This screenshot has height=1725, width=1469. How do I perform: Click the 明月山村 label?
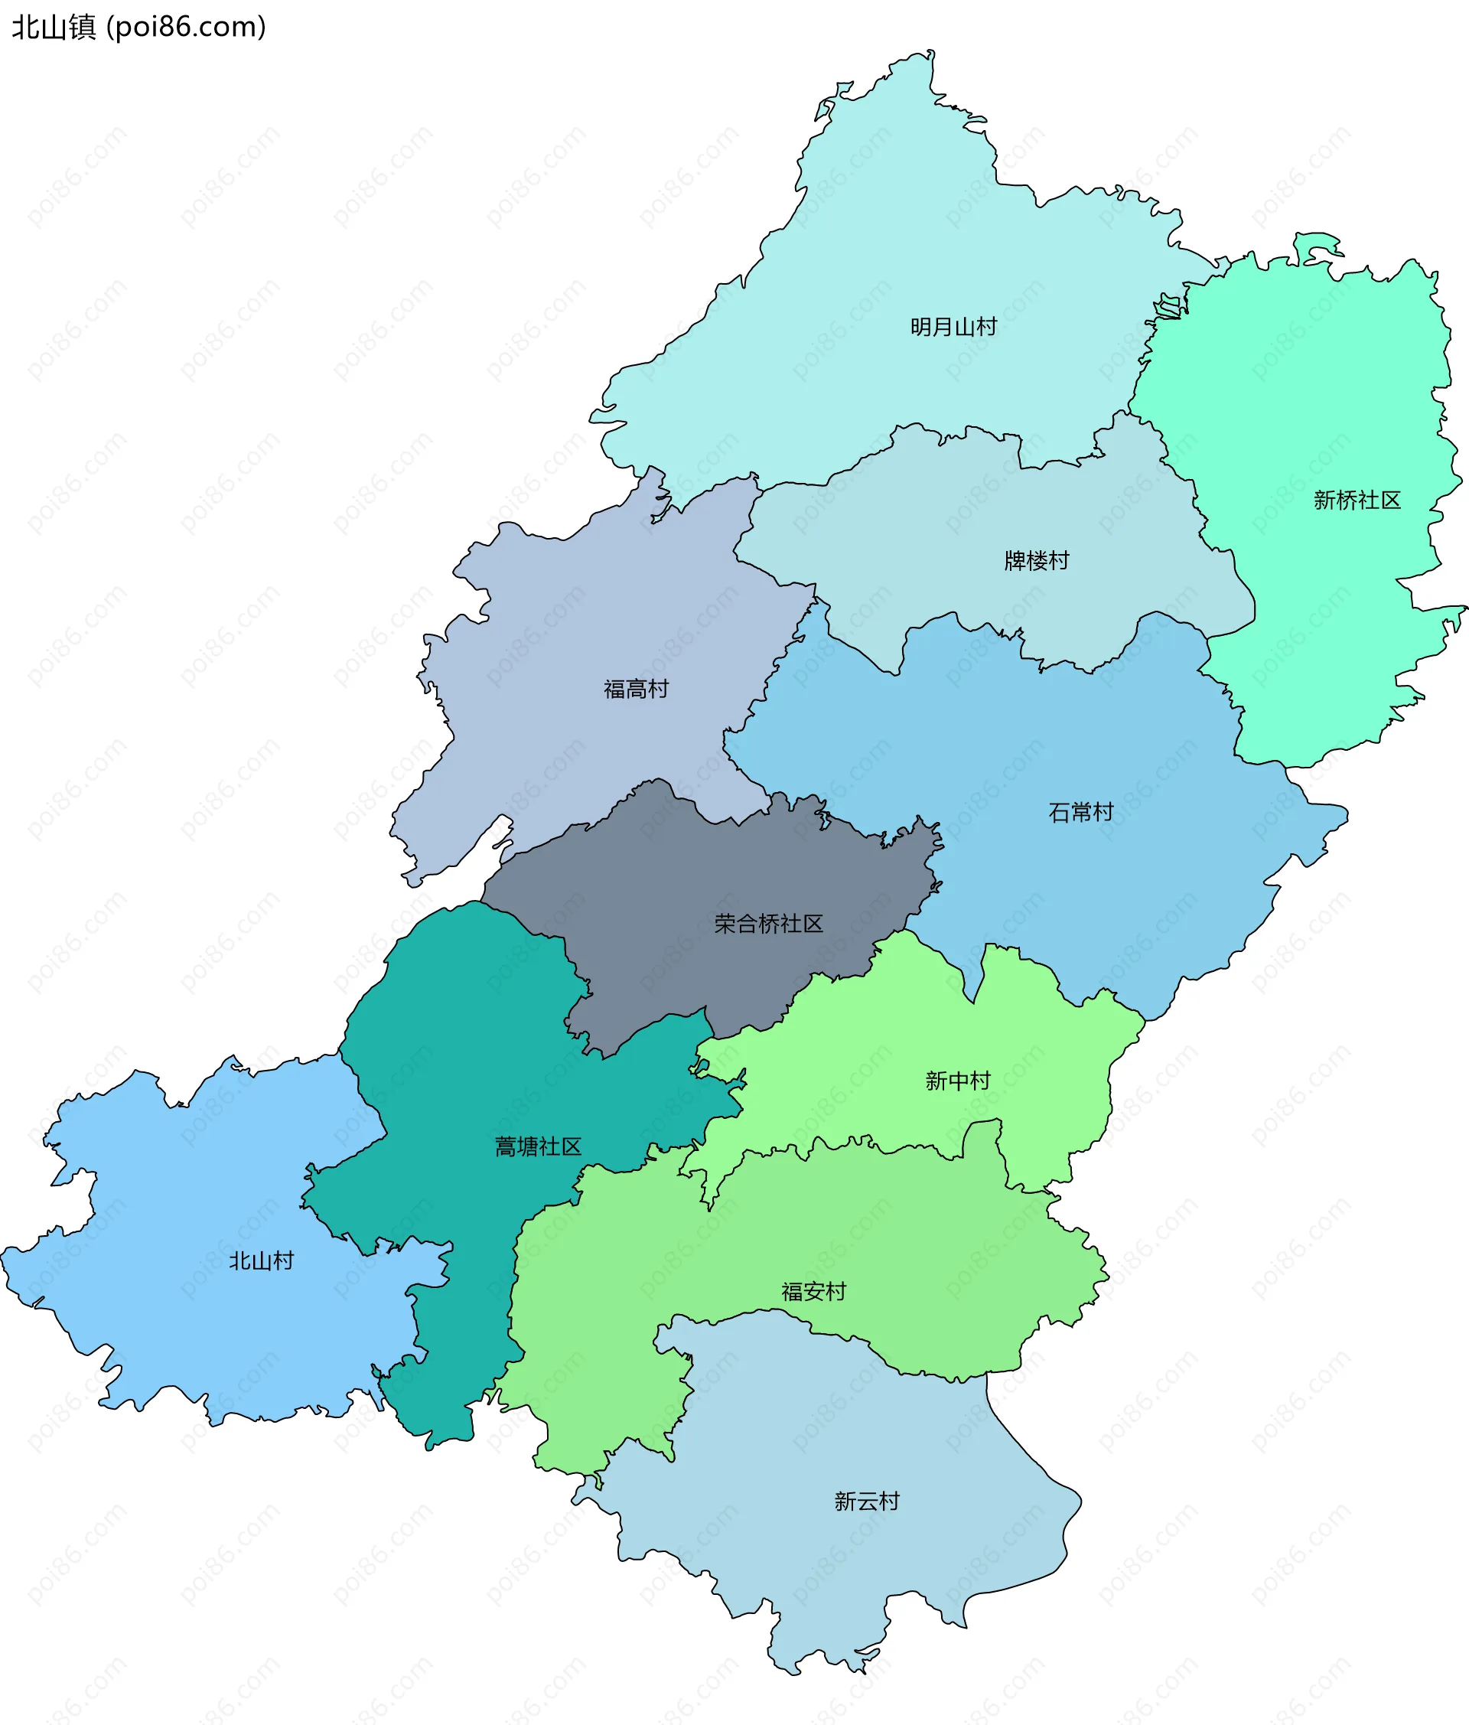tap(953, 326)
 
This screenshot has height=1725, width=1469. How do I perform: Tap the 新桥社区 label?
tap(1357, 500)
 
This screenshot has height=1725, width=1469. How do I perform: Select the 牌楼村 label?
tap(1036, 560)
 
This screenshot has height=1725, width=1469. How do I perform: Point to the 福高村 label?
tap(636, 689)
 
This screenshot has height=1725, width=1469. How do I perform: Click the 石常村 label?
tap(1080, 812)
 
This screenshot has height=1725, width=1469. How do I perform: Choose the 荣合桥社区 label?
tap(768, 923)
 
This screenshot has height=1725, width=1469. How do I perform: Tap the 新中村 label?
tap(958, 1081)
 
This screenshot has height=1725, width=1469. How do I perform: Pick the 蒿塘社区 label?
tap(538, 1146)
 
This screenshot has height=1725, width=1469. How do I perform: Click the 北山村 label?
tap(262, 1260)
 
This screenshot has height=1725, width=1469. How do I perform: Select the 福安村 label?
tap(813, 1291)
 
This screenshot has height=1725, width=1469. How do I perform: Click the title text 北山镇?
tap(54, 27)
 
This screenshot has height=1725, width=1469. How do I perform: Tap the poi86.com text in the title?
tap(187, 27)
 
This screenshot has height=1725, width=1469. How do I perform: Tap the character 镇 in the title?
tap(82, 27)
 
